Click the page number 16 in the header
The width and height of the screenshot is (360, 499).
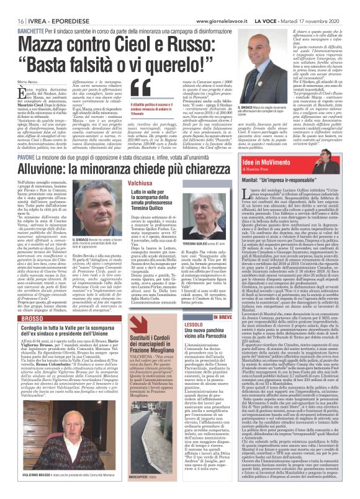(x=12, y=6)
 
